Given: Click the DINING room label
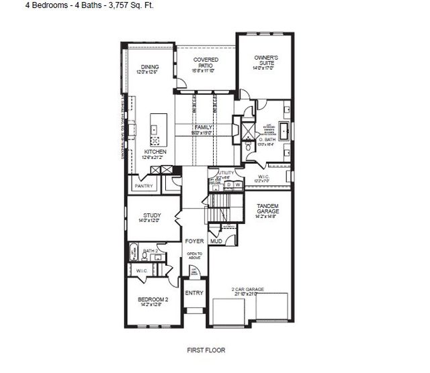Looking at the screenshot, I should click(x=148, y=67).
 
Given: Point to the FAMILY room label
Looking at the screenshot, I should click(x=203, y=127).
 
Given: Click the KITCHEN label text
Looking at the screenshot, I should click(x=155, y=152).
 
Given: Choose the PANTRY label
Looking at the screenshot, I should click(x=144, y=186).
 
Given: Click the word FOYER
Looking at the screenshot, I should click(x=194, y=239).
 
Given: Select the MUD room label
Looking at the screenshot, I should click(x=216, y=240).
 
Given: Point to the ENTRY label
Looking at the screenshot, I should click(x=194, y=292).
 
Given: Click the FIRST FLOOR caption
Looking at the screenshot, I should click(x=206, y=350).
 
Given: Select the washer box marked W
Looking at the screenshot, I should click(x=237, y=184).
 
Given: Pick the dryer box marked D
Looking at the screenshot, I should click(x=228, y=184).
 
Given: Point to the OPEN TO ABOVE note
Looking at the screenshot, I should click(x=194, y=255).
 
